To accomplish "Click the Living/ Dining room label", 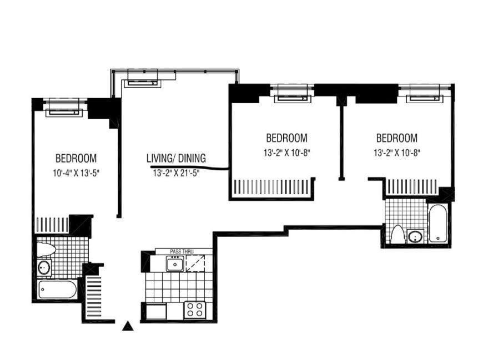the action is coord(176,158).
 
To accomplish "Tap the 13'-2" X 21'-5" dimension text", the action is coord(176,173).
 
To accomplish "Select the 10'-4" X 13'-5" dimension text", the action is coord(76,173).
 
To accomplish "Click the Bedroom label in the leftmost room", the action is coord(76,159).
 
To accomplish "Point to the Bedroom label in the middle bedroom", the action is coord(287,138).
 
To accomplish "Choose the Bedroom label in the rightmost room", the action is coord(397,138).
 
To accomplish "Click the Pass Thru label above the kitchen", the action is coord(182,252).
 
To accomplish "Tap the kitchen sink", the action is coord(175,264).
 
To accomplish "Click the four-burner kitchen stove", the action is coord(195,310).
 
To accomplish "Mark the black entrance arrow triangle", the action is coord(128,326).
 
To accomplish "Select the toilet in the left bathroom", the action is coord(46,249).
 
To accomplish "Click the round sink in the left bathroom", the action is coord(44,267).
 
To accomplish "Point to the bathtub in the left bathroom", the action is coord(57,289).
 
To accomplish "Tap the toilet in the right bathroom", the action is coord(397,235).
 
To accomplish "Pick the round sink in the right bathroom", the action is coord(415,237).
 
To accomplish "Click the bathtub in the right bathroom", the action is coord(437,223).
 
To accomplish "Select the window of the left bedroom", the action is coord(64,108).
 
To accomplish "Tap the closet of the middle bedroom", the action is coord(271,187).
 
